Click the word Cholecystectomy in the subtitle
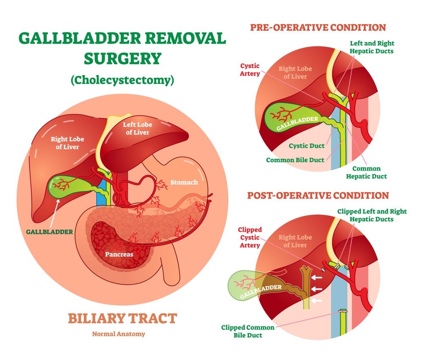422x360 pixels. [122, 80]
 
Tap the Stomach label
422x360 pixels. [184, 183]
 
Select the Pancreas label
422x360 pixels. [119, 254]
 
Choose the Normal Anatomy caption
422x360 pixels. [119, 334]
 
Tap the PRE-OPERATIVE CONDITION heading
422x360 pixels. [318, 28]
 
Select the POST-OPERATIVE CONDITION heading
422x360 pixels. [318, 196]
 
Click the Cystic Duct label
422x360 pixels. [307, 146]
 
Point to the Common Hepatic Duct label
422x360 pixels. [366, 172]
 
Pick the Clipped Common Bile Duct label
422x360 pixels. [248, 331]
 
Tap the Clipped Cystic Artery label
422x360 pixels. [250, 237]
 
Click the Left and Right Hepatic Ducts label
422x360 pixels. [371, 47]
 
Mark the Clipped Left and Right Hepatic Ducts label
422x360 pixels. [371, 215]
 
